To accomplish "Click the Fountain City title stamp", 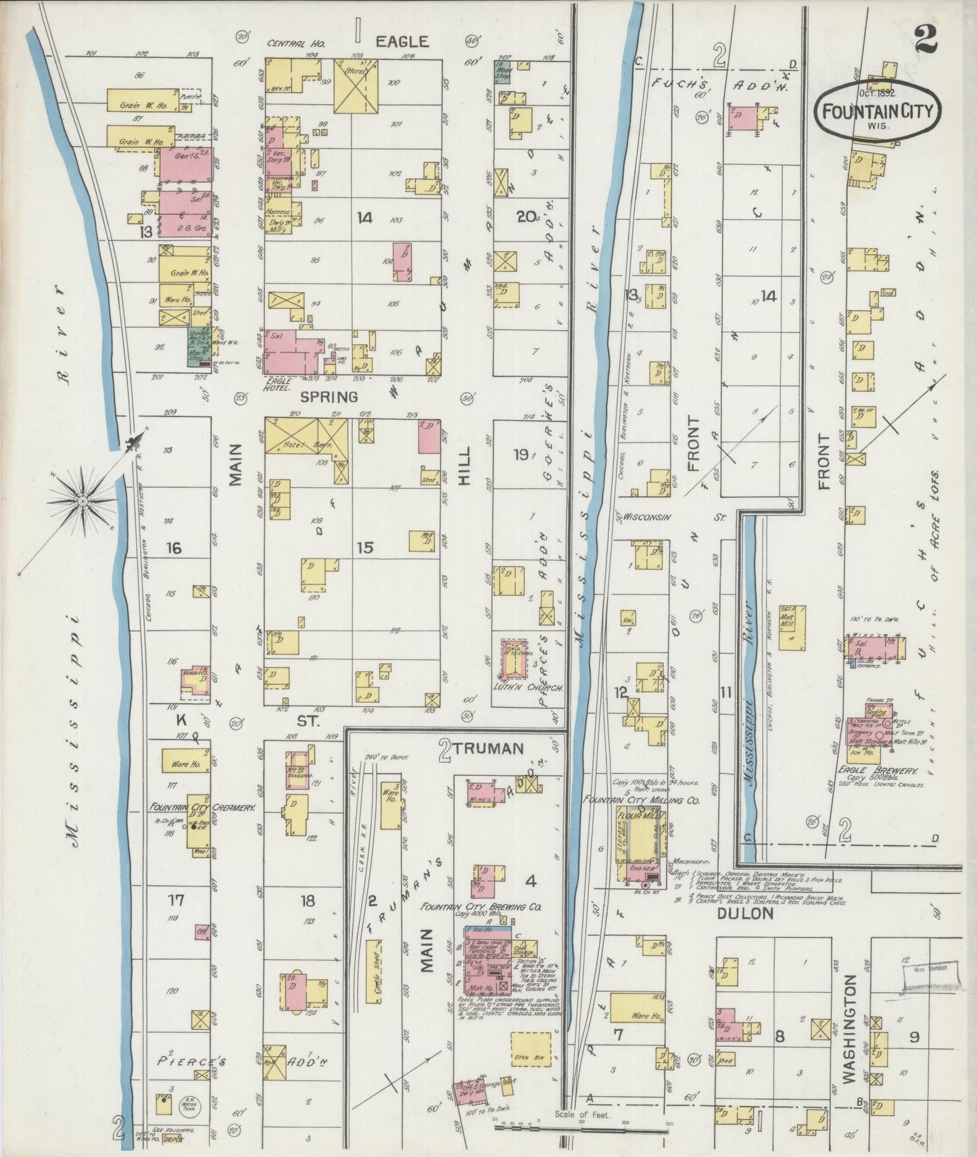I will (879, 112).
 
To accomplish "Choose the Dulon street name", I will (744, 914).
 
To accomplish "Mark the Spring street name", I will (329, 397).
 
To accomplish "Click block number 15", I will (365, 547).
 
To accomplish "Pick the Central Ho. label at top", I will (296, 43).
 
